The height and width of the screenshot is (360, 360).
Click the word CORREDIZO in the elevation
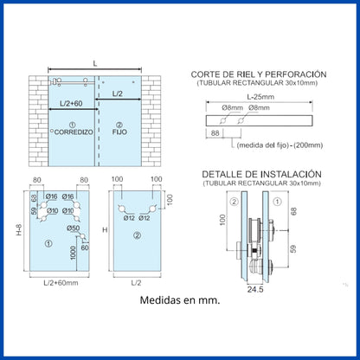click(x=74, y=132)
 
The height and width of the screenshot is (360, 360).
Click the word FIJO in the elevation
click(x=119, y=132)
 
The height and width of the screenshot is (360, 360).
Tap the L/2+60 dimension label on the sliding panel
click(x=71, y=103)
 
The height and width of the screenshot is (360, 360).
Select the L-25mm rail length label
click(x=260, y=97)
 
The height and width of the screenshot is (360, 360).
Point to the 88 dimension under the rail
click(x=215, y=133)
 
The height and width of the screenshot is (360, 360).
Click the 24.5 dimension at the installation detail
click(x=255, y=289)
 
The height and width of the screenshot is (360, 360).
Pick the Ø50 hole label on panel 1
click(x=73, y=228)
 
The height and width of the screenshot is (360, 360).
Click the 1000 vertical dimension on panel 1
click(x=73, y=253)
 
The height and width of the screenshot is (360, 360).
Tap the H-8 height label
click(x=19, y=230)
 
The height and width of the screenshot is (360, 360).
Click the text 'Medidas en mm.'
click(x=180, y=300)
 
